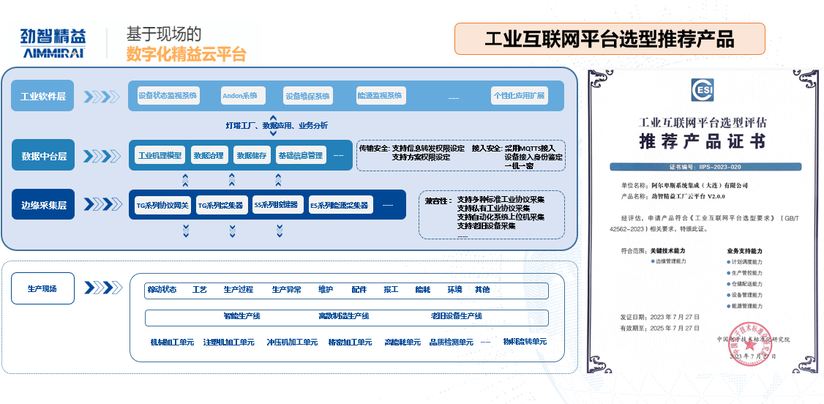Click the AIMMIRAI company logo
coord(53,43)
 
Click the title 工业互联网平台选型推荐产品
coord(609,39)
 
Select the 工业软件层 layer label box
coord(43,96)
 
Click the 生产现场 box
coord(42,289)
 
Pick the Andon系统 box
coord(239,96)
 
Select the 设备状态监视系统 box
coord(168,96)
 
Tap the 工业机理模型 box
coord(160,156)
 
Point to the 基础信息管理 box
coord(300,156)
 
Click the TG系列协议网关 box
coord(162,206)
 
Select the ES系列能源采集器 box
coord(339,206)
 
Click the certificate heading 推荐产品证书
coord(702,141)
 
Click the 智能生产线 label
coord(241,316)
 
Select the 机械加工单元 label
coord(172,343)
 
